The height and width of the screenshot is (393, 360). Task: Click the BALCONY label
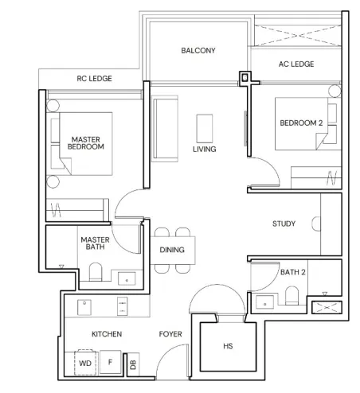pos(198,50)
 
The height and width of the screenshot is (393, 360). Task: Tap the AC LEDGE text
pos(296,64)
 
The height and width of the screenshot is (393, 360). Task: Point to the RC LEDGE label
pos(94,79)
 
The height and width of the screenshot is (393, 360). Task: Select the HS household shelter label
pos(228,346)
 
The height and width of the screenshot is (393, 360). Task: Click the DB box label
pos(133,364)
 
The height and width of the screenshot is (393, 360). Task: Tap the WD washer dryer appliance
pos(85,363)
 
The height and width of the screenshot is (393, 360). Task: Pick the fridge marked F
pos(111,362)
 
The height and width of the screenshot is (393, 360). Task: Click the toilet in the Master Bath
pos(96,271)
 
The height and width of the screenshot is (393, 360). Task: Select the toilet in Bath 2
pos(292,295)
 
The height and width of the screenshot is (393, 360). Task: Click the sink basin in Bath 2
pos(264,302)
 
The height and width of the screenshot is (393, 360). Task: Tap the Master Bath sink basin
pos(127,278)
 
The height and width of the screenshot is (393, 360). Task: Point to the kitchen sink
pos(84,307)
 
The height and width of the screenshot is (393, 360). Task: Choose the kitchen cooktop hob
pos(123,306)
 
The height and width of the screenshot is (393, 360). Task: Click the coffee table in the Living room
pos(205,129)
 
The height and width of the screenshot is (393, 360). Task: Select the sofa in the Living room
pos(165,129)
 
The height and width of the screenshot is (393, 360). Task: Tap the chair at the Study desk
pos(316,224)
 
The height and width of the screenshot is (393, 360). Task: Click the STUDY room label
pos(284,224)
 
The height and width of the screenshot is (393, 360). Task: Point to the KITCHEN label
pos(107,334)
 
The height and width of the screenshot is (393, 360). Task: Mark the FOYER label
pos(170,334)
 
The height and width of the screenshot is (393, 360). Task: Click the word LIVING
pos(205,149)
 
